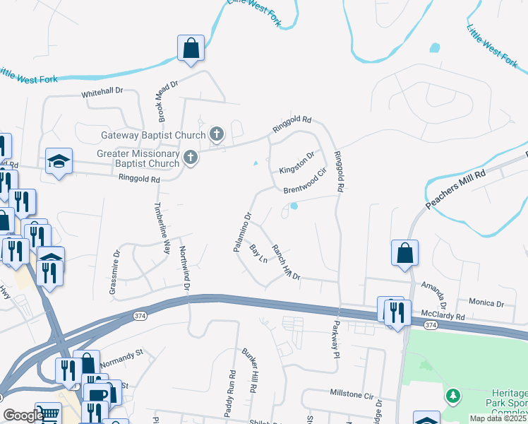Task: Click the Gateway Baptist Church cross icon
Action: [x=217, y=134]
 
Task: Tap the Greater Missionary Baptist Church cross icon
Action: [x=190, y=158]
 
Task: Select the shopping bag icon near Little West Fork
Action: [x=191, y=48]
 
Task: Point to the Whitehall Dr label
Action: [x=102, y=92]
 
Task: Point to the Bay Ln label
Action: [x=258, y=254]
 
